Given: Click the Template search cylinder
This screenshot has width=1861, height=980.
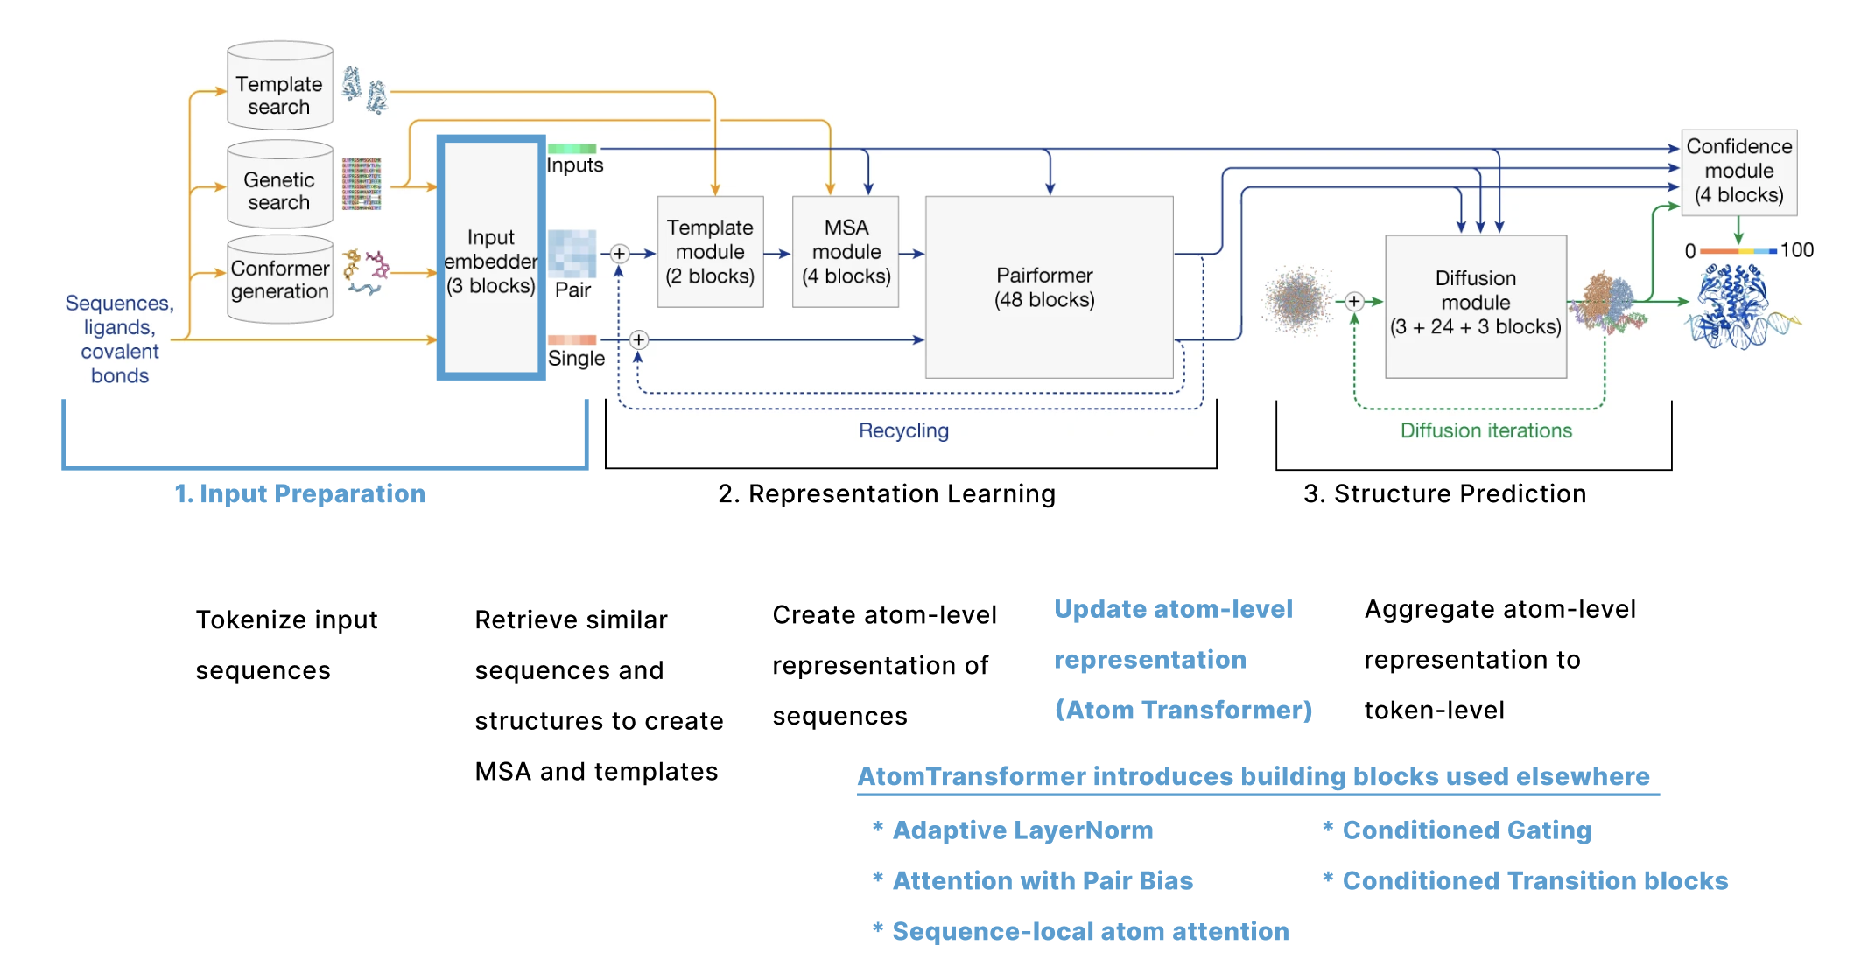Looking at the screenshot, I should coord(279,87).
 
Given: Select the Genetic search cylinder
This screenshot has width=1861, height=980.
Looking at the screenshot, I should coord(279,185).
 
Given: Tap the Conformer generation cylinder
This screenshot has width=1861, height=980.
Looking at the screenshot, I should coord(279,280).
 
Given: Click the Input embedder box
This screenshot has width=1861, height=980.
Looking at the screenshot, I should coord(491,258).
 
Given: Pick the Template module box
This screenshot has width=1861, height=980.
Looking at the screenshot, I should coord(710,252).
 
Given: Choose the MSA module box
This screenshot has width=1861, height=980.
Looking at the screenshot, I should coord(846,252).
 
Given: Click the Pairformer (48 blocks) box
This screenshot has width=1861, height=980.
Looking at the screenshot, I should coord(1049,287).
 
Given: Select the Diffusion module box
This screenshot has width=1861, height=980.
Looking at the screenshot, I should coord(1475,305).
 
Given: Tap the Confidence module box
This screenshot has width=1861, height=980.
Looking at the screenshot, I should coord(1738,171).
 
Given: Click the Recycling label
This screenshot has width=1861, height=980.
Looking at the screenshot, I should coord(903,430).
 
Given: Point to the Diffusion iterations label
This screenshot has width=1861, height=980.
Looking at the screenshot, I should coord(1485,430).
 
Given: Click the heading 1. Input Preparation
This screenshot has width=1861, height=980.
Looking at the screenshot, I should coord(299,493).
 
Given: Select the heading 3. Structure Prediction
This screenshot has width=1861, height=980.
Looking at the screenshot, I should coord(1444,493).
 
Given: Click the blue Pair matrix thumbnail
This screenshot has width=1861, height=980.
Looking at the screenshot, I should coord(572,253).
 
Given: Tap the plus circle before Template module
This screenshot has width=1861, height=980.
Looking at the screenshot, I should coord(619,254).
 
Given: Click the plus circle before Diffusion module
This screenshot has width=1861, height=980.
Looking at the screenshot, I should coord(1354,302).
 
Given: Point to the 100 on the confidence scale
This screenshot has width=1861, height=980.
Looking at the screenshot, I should coord(1796,250).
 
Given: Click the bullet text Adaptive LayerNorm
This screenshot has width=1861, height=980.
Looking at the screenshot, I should coord(1022,830).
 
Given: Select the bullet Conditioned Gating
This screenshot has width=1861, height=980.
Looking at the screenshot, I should coord(1466,830).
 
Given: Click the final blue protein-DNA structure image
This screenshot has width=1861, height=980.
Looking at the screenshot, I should coord(1742,308).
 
